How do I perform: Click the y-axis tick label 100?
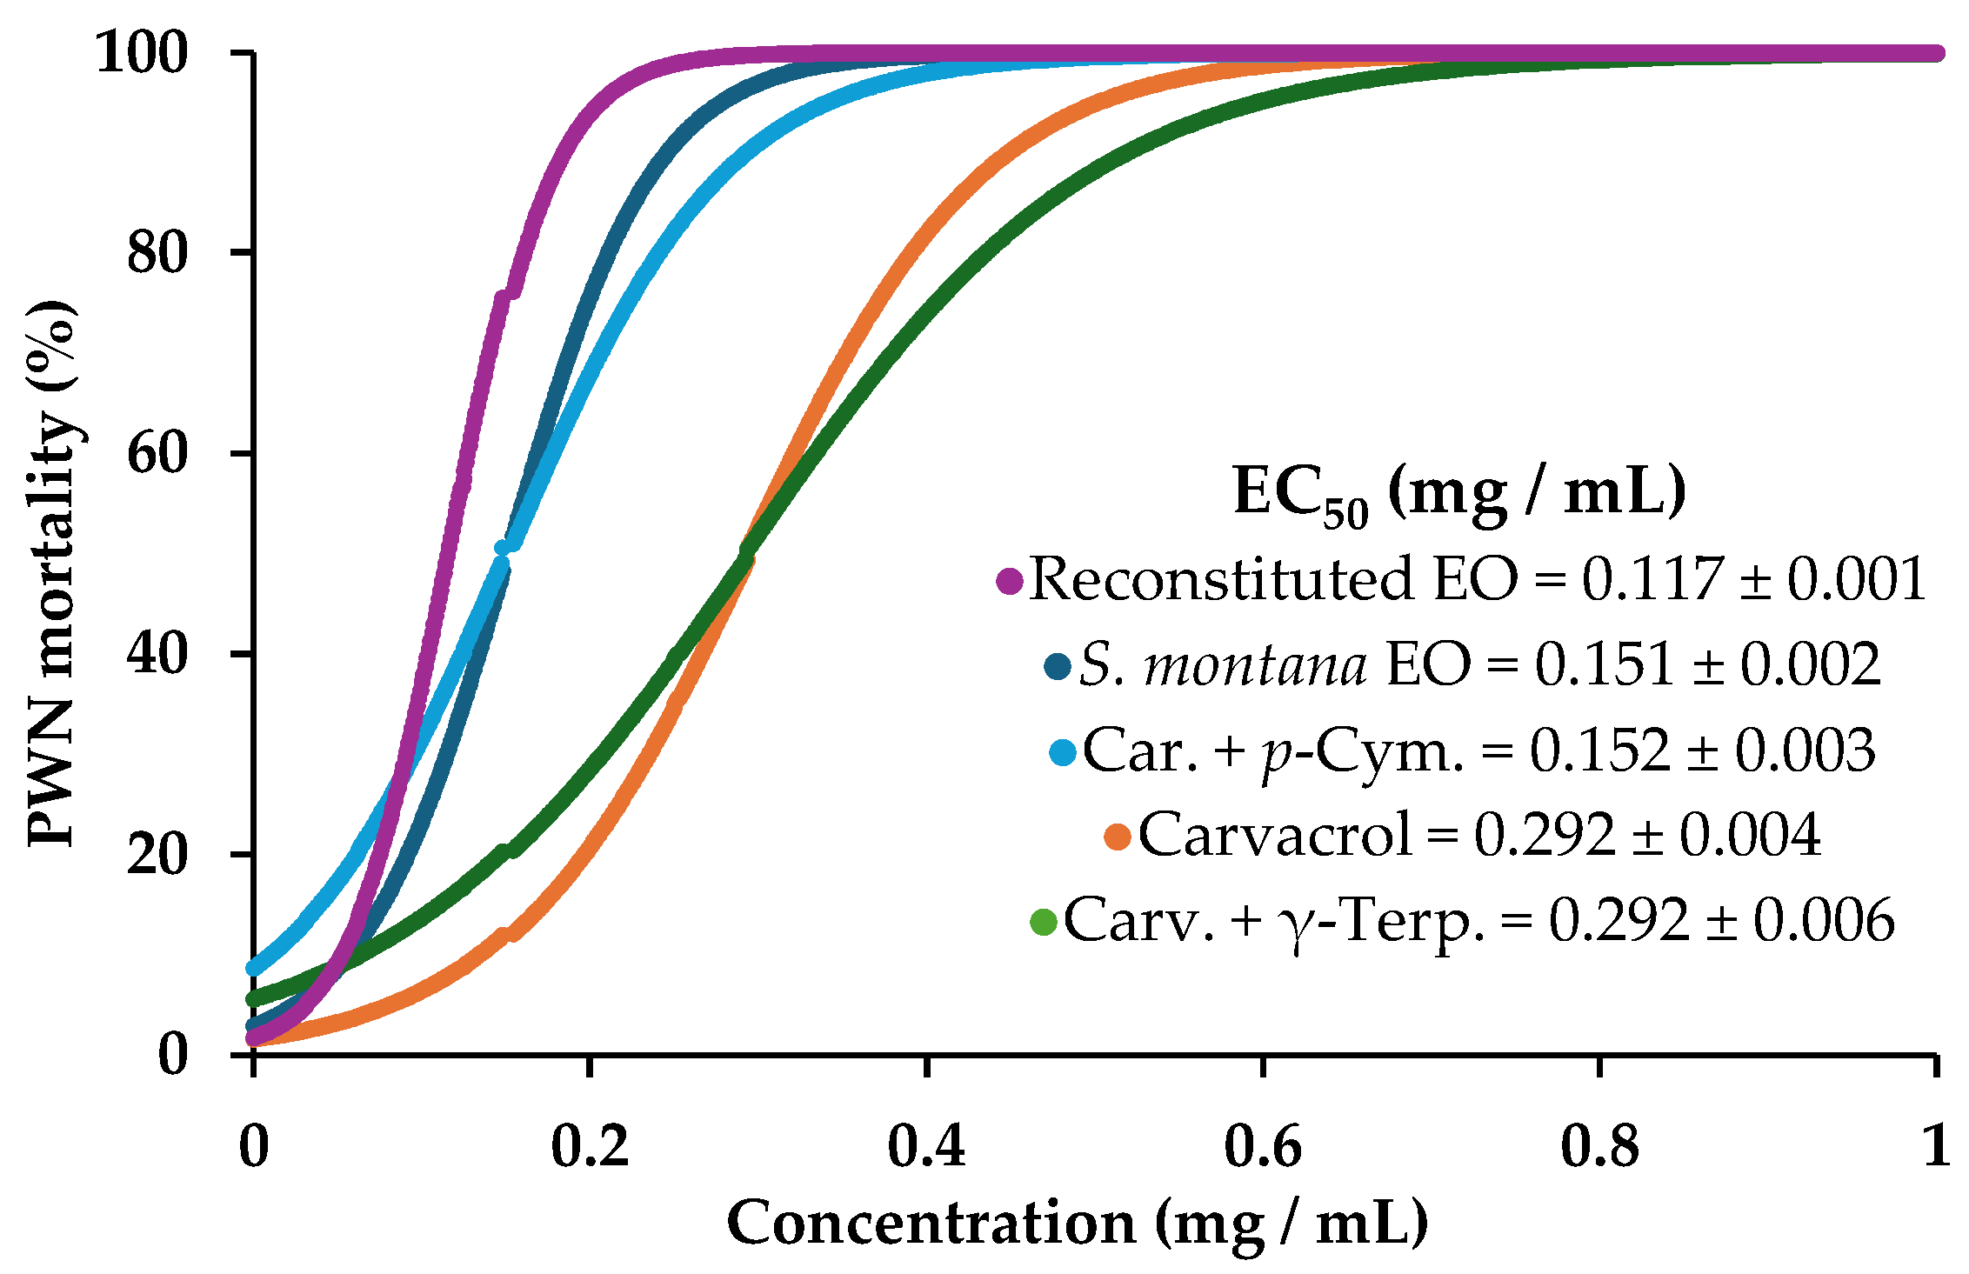141,54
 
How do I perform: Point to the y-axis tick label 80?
157,254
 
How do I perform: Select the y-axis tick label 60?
157,454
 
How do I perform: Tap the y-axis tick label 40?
157,654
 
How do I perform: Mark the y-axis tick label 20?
157,855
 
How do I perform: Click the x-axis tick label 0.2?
590,1146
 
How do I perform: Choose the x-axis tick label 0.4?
926,1146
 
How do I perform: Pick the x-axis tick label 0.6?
1262,1146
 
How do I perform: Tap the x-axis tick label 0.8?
1599,1146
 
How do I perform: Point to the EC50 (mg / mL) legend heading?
1459,494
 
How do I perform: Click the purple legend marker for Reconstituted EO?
1010,581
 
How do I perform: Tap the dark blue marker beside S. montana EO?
1058,667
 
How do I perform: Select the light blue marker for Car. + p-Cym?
1063,752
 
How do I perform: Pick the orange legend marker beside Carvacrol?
1118,837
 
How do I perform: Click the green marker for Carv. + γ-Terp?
1043,922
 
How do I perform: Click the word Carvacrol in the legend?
1275,836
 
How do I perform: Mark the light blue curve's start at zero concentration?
254,968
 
